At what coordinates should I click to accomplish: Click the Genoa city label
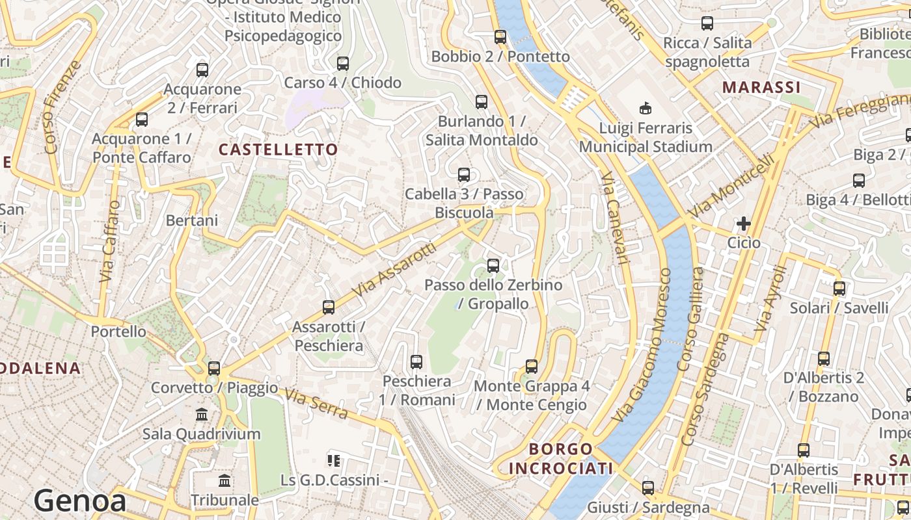click(x=80, y=501)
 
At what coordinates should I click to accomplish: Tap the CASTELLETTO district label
click(x=278, y=149)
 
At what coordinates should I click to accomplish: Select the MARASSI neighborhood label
click(x=761, y=87)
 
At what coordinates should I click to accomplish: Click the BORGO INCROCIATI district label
click(x=561, y=458)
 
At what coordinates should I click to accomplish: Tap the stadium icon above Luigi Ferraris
click(x=646, y=107)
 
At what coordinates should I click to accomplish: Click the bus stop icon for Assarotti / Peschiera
click(x=329, y=307)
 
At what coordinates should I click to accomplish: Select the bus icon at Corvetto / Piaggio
click(x=214, y=369)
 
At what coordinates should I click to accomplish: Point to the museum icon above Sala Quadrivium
click(x=202, y=414)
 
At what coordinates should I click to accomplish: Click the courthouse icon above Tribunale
click(x=224, y=480)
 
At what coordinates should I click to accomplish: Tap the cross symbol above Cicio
click(x=743, y=224)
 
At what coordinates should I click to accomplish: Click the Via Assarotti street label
click(x=394, y=270)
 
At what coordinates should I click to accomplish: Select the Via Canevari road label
click(x=614, y=218)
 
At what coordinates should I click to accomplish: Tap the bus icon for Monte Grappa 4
click(x=532, y=366)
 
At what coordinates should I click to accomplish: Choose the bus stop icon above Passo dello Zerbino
click(x=493, y=265)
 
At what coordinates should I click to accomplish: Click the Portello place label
click(x=118, y=331)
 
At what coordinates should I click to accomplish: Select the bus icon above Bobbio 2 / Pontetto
click(x=500, y=37)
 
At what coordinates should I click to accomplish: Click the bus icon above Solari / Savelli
click(x=839, y=288)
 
